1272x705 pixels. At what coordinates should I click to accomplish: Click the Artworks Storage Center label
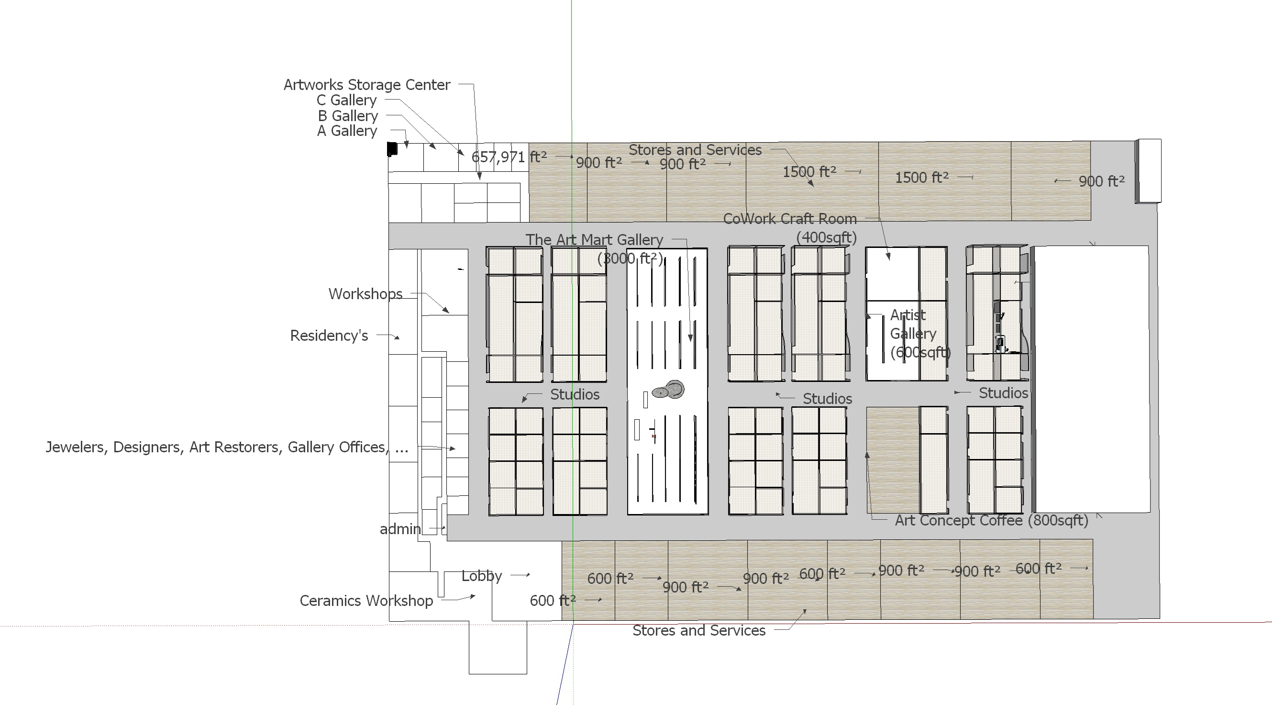click(x=367, y=85)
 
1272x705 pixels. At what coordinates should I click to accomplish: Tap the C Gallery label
click(x=347, y=101)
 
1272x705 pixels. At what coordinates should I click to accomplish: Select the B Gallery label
click(x=348, y=116)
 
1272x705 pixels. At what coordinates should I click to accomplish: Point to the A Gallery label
click(x=347, y=131)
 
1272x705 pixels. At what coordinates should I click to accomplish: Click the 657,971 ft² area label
click(x=509, y=157)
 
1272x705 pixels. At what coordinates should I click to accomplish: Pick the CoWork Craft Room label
click(x=790, y=219)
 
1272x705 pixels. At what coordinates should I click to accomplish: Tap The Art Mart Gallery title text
click(x=594, y=240)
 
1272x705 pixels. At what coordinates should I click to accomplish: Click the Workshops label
click(x=365, y=294)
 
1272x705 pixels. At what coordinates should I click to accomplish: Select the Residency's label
click(x=329, y=336)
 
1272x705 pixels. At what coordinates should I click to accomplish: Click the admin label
click(x=400, y=529)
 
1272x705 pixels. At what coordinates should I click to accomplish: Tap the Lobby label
click(x=481, y=576)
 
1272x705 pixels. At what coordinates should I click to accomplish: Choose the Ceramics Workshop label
click(x=366, y=601)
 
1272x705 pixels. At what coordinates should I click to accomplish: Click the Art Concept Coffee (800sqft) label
click(x=992, y=520)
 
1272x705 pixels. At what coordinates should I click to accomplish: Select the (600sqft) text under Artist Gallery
click(x=920, y=352)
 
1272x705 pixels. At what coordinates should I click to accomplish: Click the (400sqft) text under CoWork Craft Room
click(x=826, y=238)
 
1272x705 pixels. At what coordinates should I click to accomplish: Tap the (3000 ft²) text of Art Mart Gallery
click(x=630, y=258)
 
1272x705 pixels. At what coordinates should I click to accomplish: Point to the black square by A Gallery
click(x=392, y=149)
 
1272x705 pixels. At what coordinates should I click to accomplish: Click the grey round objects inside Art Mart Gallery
click(x=669, y=390)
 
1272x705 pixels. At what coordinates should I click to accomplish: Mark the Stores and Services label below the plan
click(x=699, y=630)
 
